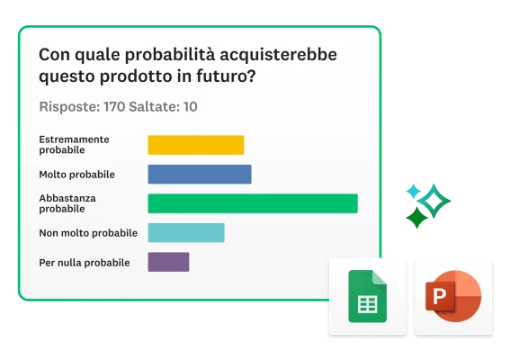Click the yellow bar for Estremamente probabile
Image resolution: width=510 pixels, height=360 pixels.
pos(195,145)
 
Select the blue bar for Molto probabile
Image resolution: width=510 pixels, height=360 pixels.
pos(199,175)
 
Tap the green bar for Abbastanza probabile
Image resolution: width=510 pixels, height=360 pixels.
pos(252,203)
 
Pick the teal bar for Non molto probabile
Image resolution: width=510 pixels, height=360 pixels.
pos(185,233)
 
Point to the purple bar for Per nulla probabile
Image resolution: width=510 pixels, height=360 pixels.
pos(168,262)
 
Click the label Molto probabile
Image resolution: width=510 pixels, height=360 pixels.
pos(76,175)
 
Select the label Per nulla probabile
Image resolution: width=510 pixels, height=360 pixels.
pos(85,263)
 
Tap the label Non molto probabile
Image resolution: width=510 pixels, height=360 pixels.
pos(88,233)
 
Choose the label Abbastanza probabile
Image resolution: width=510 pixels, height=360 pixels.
pos(67,203)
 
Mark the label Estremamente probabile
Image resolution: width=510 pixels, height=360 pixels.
pos(74,145)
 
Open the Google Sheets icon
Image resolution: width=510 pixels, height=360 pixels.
pos(367,296)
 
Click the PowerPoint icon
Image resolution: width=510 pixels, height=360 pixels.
pos(452,296)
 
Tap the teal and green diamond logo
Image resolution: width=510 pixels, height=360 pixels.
pos(426,204)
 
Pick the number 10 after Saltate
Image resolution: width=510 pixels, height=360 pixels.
pos(190,107)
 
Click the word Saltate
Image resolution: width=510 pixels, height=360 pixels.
pos(155,107)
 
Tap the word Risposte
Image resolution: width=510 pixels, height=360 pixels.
pos(69,107)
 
